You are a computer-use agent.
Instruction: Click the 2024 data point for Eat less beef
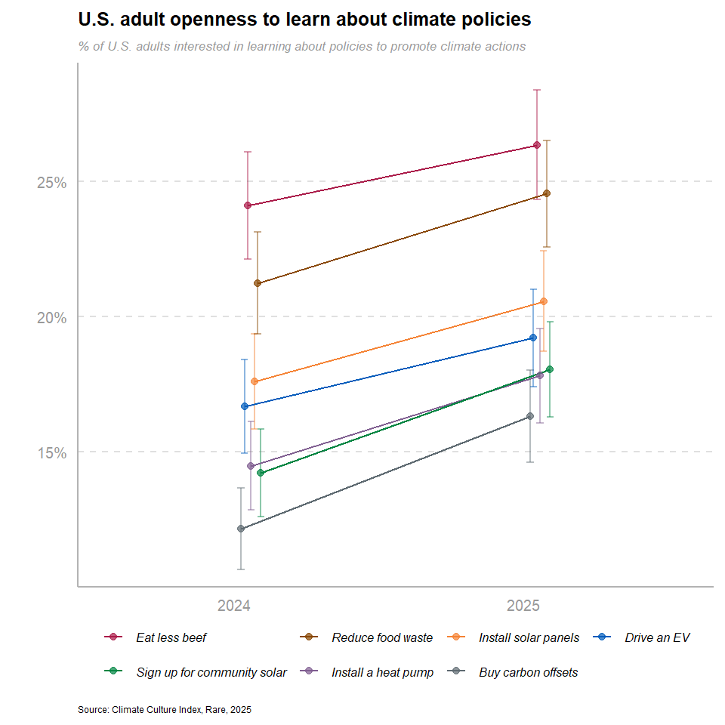click(248, 205)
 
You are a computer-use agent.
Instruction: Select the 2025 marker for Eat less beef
click(536, 145)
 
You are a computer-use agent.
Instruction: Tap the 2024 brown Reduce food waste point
click(258, 283)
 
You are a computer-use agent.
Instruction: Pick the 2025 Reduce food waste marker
click(547, 193)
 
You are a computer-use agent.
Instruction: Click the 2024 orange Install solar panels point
click(254, 381)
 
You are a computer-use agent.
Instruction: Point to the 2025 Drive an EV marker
click(533, 338)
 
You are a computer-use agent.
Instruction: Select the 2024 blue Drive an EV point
click(245, 406)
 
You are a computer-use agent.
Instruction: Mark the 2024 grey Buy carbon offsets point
click(241, 529)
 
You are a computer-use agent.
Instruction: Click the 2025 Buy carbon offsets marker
click(530, 416)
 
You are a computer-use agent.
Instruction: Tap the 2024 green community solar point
click(261, 473)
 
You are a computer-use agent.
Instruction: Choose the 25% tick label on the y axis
click(52, 183)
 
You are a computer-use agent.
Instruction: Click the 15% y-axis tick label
click(52, 452)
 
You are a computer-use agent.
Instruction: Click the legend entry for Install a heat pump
click(382, 672)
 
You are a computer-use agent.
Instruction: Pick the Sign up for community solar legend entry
click(211, 672)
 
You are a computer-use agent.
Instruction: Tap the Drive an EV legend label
click(657, 637)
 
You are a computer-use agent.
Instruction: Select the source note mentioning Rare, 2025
click(164, 710)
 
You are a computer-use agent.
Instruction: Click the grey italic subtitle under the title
click(301, 46)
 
